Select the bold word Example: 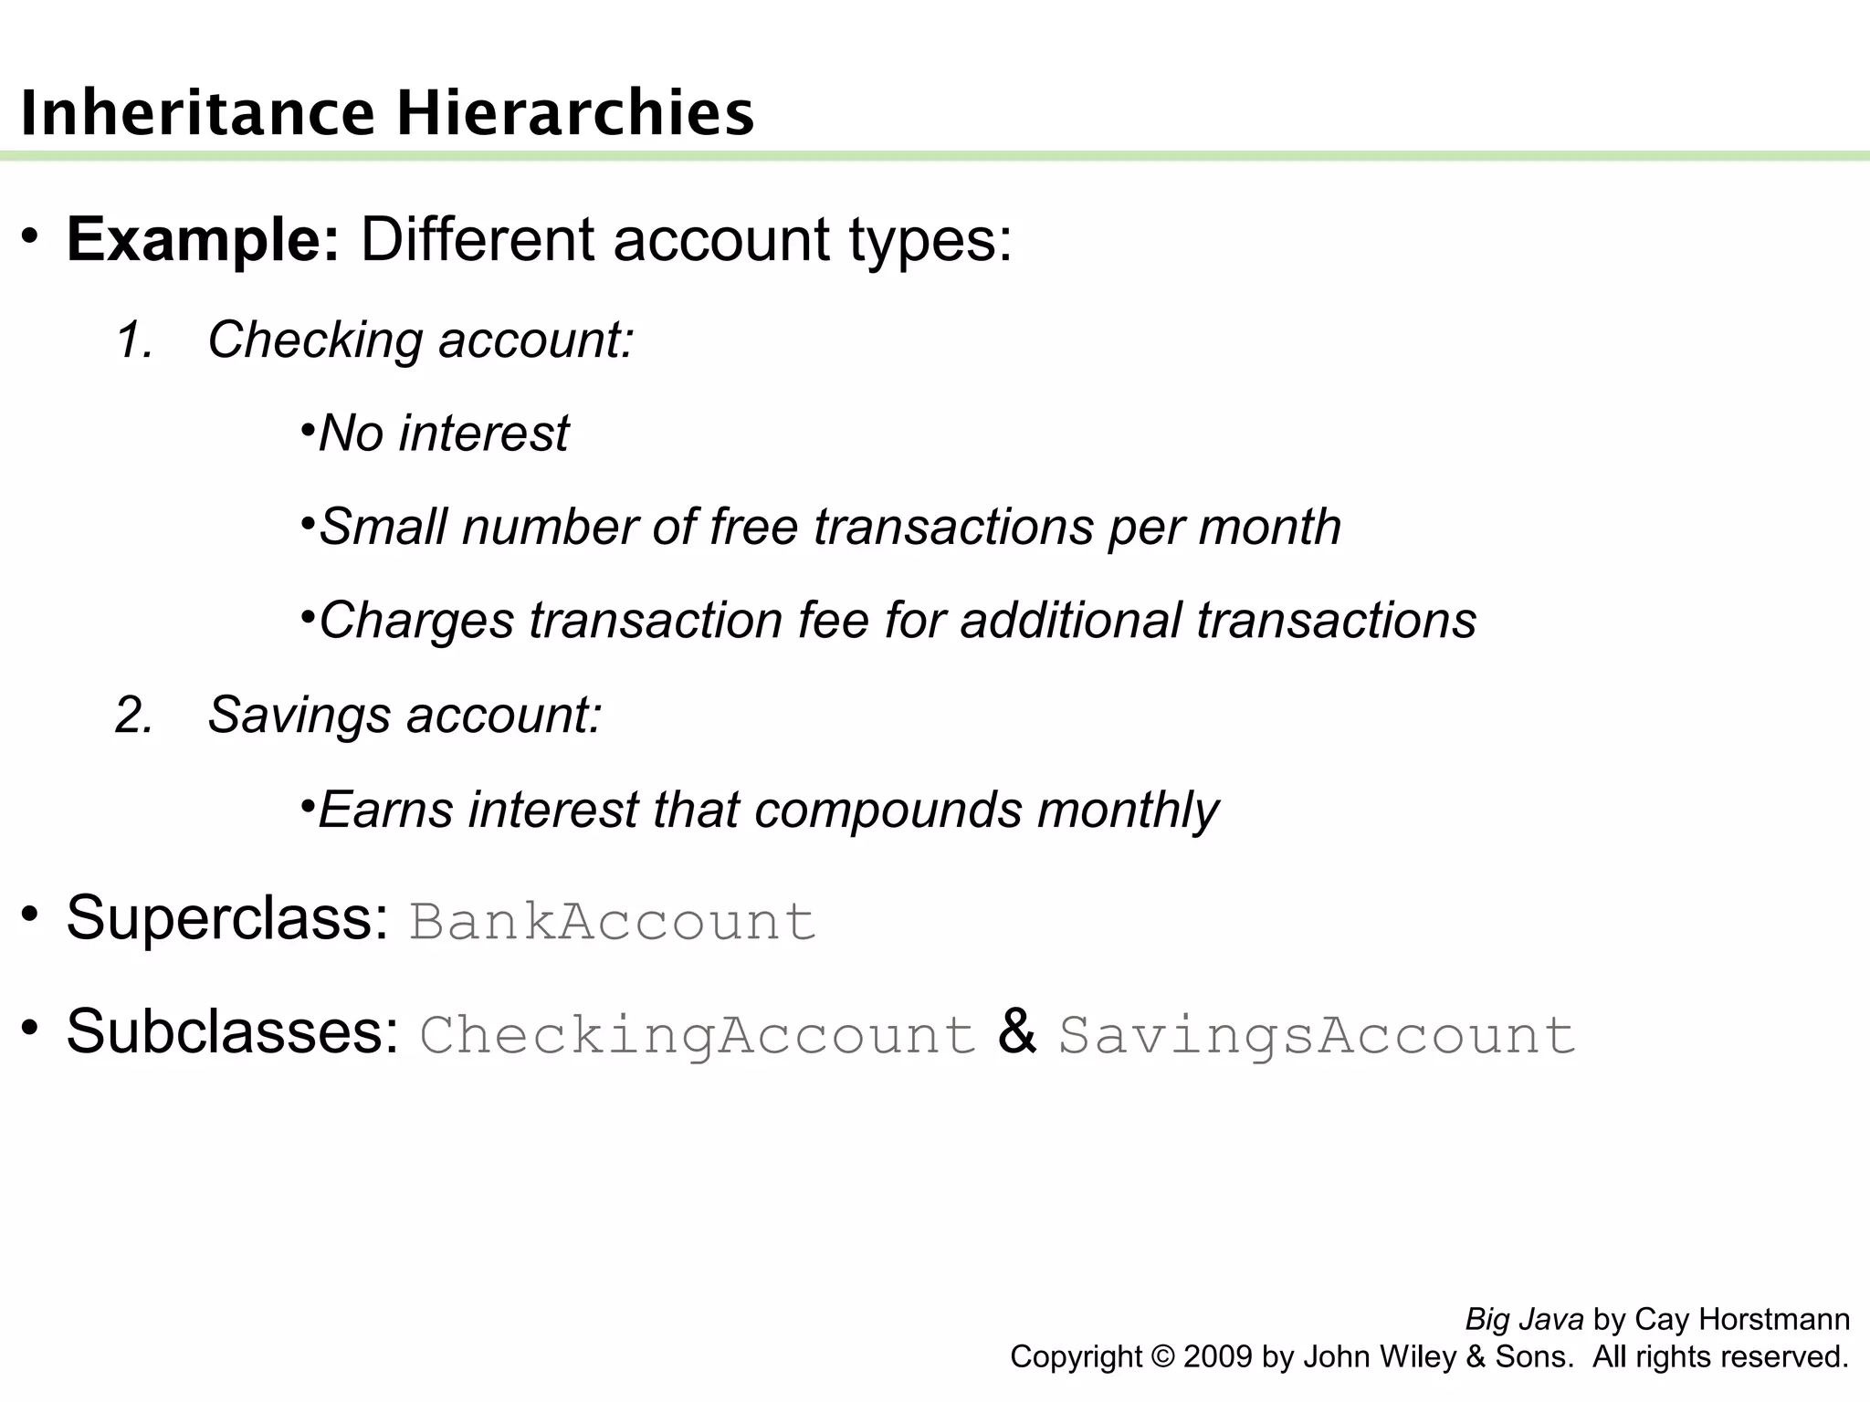[203, 240]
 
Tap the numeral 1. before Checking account [134, 340]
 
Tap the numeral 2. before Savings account [134, 715]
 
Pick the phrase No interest [444, 433]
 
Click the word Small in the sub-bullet [383, 527]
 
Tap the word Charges [416, 621]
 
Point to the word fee [833, 621]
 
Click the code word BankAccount [612, 921]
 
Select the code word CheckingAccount [698, 1035]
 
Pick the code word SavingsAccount [1317, 1035]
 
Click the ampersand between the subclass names [1017, 1032]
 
